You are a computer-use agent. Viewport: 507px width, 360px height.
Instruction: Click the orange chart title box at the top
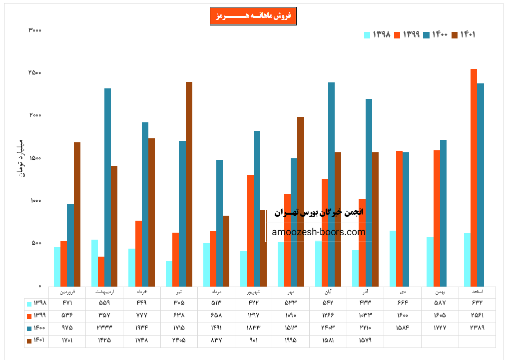click(253, 16)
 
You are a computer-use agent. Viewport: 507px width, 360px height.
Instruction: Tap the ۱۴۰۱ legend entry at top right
click(464, 34)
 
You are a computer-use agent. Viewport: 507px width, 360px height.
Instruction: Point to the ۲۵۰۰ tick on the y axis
click(34, 73)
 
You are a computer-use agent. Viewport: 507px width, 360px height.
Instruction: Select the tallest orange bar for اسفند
click(474, 177)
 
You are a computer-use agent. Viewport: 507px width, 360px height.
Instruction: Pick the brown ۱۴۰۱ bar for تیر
click(189, 184)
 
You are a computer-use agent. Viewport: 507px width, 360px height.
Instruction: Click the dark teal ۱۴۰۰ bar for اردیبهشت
click(107, 187)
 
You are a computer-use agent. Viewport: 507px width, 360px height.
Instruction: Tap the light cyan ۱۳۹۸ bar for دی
click(393, 258)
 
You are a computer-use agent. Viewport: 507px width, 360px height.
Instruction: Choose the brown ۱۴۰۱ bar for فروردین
click(77, 214)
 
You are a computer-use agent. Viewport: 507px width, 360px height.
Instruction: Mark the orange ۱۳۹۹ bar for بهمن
click(437, 218)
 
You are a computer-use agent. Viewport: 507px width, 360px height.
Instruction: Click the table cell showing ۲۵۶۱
click(477, 316)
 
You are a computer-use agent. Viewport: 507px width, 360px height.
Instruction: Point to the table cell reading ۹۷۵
click(67, 328)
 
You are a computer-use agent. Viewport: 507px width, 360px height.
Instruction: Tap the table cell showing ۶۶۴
click(403, 303)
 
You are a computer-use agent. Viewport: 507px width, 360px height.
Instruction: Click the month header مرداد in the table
click(216, 291)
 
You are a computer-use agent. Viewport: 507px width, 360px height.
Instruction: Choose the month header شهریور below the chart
click(254, 291)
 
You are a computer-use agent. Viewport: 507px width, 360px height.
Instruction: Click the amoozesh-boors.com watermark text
click(319, 232)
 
